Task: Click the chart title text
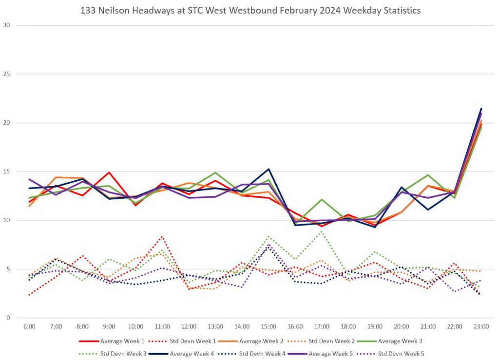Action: [x=249, y=10]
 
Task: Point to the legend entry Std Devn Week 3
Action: [x=116, y=353]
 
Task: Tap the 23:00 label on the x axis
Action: [x=481, y=326]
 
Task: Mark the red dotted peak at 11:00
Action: [x=162, y=237]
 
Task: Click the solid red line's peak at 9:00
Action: [x=109, y=172]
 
